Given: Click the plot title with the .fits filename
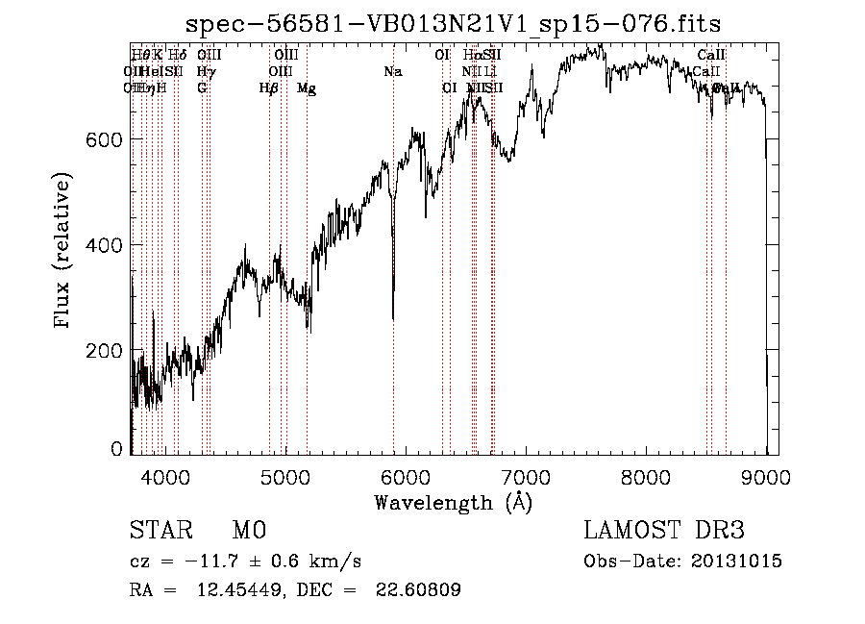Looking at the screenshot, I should click(453, 22).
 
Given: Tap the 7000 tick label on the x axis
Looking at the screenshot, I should click(526, 476).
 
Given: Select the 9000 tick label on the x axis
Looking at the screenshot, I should click(766, 476).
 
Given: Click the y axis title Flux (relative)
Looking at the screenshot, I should click(64, 252).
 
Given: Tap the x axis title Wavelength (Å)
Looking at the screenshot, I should click(453, 502).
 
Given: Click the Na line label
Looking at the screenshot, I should click(392, 71).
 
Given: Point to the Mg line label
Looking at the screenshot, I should click(307, 88).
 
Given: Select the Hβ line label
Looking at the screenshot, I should click(269, 88).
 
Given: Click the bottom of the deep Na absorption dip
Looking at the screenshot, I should click(392, 318).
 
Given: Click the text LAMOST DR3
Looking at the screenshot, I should click(663, 531).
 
